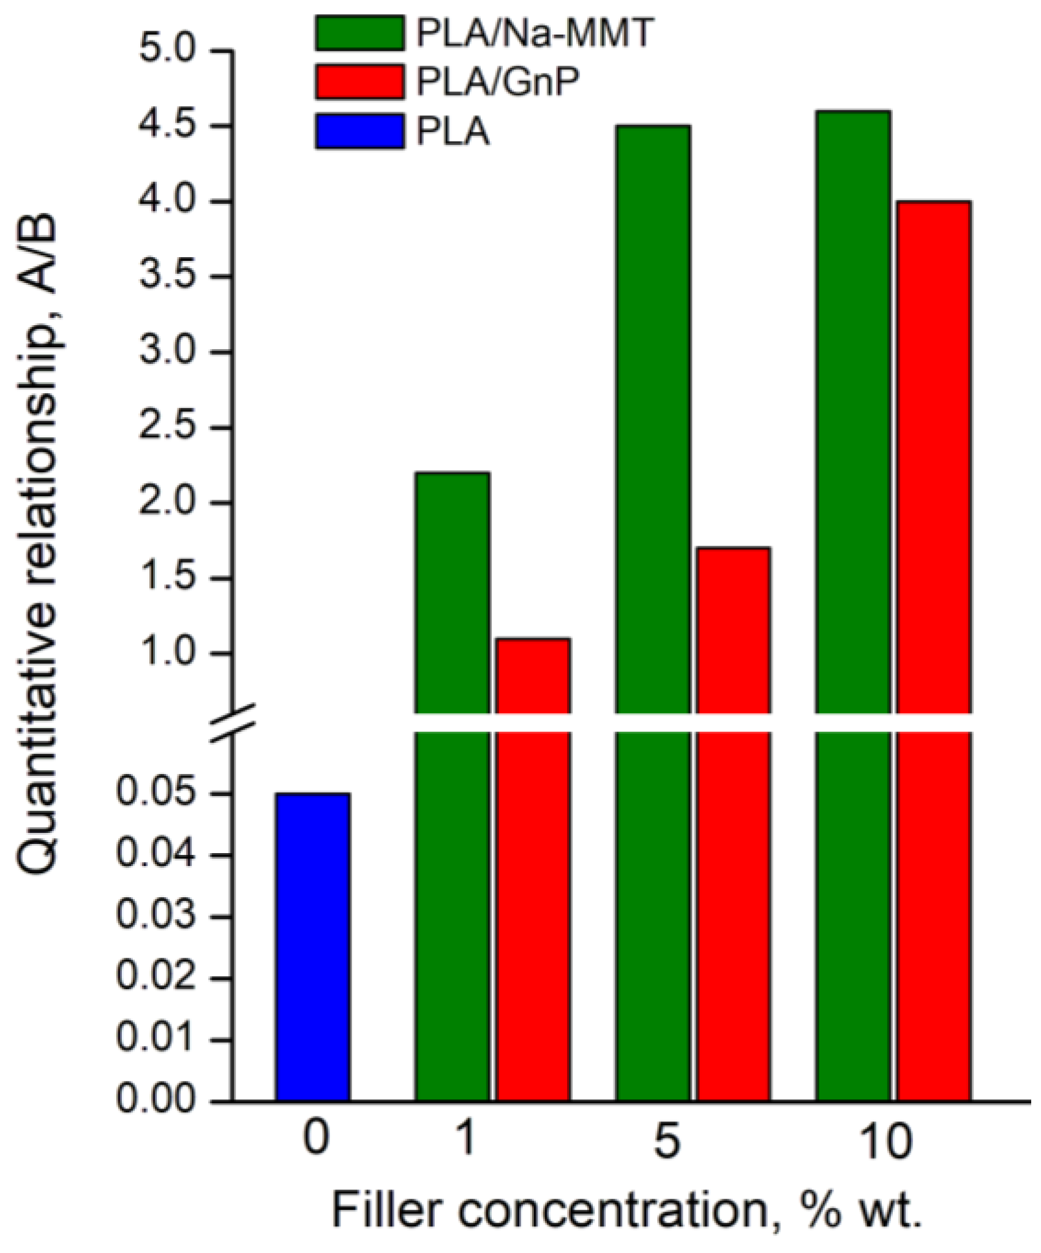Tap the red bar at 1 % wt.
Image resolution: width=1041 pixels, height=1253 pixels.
533,857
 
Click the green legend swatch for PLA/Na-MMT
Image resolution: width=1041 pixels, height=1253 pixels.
360,33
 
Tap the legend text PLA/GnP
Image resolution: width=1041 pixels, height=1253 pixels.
497,82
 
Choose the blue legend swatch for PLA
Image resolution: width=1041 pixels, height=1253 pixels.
360,131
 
